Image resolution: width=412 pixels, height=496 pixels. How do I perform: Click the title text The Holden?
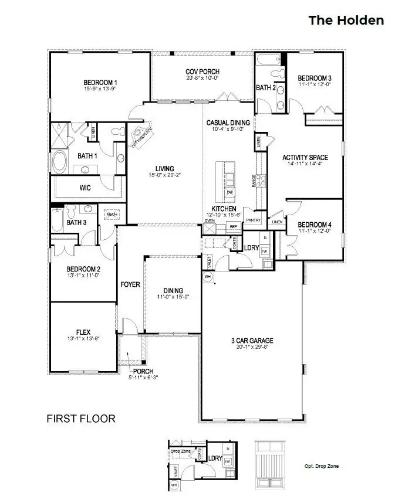[346, 21]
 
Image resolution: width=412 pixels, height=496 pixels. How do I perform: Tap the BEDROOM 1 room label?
[100, 82]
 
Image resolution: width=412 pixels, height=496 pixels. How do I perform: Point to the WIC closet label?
[85, 189]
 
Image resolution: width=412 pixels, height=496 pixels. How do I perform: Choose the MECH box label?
[112, 215]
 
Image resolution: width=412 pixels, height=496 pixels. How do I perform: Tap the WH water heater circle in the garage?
[207, 276]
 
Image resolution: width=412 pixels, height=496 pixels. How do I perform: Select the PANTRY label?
[254, 220]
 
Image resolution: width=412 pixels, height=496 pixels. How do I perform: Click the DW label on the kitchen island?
[230, 192]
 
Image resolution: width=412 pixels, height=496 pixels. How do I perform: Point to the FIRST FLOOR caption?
[81, 419]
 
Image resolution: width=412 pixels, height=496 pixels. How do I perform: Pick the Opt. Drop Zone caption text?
[321, 467]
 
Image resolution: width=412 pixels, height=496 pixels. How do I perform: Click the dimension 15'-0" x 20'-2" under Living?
[164, 175]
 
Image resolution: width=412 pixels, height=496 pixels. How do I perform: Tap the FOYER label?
[130, 285]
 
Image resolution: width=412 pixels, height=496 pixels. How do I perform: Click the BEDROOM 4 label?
[315, 225]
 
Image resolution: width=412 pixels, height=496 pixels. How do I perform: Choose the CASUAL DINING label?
[228, 123]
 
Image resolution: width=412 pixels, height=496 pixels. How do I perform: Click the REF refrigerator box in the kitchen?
[233, 226]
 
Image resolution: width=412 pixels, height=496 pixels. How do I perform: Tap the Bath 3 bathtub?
[56, 222]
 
